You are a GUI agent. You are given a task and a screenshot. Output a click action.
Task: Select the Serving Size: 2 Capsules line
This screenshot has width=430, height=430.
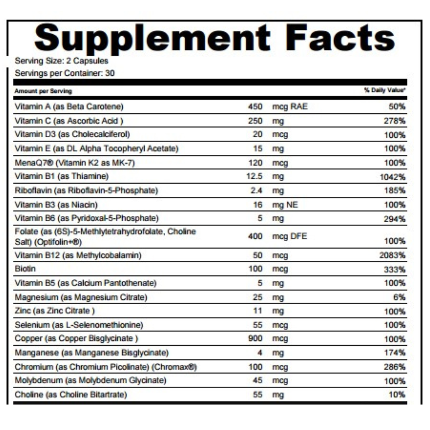[x=61, y=61]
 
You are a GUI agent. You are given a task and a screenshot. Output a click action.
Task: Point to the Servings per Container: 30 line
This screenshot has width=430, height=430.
[x=64, y=73]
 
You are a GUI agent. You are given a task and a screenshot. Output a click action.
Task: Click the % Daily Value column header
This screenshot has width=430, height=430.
[x=385, y=91]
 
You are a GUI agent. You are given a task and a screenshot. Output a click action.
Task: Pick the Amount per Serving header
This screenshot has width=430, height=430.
[x=43, y=91]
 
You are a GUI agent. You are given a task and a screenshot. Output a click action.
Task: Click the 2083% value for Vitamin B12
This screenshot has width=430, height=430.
[x=393, y=255]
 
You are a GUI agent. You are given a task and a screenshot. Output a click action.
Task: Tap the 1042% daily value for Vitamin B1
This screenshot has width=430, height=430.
[x=393, y=177]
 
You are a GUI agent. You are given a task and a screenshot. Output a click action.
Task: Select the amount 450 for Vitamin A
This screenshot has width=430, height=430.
[x=255, y=106]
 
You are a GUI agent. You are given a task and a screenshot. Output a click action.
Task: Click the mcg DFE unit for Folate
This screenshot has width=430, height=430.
[x=290, y=236]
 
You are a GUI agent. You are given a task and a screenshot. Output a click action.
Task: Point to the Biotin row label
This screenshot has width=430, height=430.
[x=25, y=269]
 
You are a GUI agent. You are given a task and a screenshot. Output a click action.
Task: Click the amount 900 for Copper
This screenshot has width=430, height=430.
[x=255, y=338]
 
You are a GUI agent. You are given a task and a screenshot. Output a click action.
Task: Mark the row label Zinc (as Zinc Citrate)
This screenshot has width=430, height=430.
[x=55, y=311]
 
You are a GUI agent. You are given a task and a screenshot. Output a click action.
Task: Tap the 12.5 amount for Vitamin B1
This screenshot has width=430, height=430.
[x=255, y=176]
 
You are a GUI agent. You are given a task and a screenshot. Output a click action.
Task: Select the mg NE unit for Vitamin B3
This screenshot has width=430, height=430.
[x=285, y=205]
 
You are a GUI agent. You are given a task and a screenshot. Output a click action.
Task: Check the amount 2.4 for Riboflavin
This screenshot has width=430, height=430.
[x=256, y=190]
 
